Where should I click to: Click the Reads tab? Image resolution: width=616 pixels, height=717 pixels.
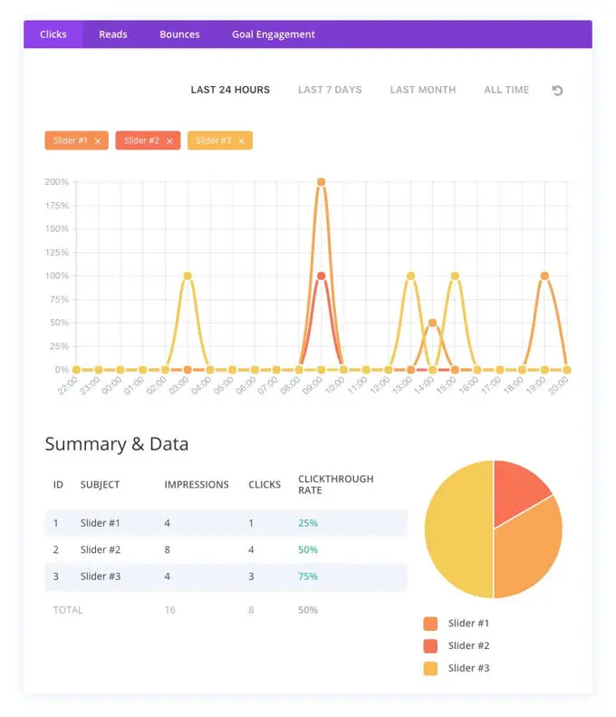coord(113,34)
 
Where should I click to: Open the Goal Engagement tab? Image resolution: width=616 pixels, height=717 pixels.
coord(273,34)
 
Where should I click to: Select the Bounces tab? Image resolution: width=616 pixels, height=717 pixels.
coord(179,34)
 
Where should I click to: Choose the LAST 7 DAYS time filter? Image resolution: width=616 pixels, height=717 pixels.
coord(330,90)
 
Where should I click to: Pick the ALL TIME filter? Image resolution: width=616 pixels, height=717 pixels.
coord(506,90)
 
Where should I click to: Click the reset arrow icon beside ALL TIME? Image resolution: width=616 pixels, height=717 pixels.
coord(557,91)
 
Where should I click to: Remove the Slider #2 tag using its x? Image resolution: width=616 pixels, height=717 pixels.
coord(169,141)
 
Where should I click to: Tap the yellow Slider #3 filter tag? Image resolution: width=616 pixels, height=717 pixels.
coord(214,140)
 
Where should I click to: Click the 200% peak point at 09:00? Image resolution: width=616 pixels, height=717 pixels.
coord(321,182)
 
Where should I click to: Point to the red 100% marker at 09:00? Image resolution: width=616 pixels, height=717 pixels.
coord(321,276)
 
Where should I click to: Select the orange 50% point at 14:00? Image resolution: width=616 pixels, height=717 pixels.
coord(432,323)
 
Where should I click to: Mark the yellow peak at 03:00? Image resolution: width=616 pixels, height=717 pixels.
coord(188,276)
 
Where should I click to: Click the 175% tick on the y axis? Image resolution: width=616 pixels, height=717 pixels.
coord(56,205)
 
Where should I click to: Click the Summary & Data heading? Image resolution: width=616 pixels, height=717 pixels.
coord(117,444)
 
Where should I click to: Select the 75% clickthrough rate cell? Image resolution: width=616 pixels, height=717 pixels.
coord(308,577)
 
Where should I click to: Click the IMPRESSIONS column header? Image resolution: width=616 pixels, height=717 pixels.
coord(197,485)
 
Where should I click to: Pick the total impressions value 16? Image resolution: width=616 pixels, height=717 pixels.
coord(170,610)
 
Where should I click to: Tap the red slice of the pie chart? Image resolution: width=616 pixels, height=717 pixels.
coord(521,489)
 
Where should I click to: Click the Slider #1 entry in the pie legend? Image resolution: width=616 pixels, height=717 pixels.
coord(469,624)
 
